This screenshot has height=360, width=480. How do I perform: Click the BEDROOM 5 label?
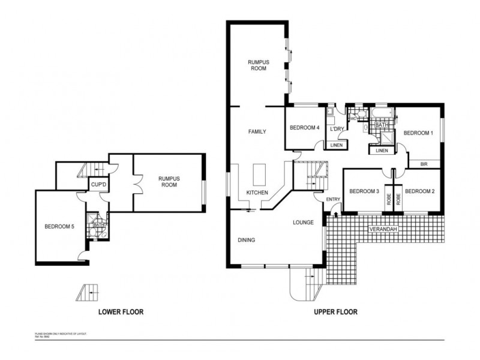pos(59,227)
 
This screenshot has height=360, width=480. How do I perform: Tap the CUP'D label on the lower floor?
pos(98,185)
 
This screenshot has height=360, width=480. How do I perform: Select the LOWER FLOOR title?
pos(121,312)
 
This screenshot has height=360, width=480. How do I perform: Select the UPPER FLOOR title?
pos(336,312)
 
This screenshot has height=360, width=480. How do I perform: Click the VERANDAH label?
pos(383,229)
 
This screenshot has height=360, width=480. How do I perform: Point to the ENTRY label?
pos(333,200)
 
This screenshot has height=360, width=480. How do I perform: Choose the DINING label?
pos(246,240)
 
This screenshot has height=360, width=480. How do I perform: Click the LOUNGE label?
pos(303,223)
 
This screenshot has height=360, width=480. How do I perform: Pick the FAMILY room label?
pos(257,131)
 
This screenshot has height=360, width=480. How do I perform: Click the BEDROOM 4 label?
pos(304,128)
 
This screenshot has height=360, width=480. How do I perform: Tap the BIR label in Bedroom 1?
pos(424,163)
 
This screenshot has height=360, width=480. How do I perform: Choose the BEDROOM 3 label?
pos(364,191)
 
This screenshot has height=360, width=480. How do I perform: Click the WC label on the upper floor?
pos(353,119)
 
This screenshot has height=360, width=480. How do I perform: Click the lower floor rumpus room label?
pos(169,182)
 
